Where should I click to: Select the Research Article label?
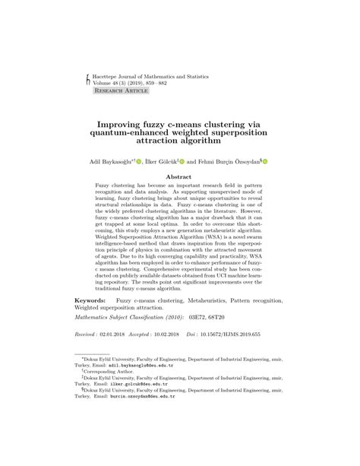click(121, 90)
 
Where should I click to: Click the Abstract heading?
click(180, 177)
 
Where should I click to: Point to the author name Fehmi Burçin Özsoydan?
click(229, 161)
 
